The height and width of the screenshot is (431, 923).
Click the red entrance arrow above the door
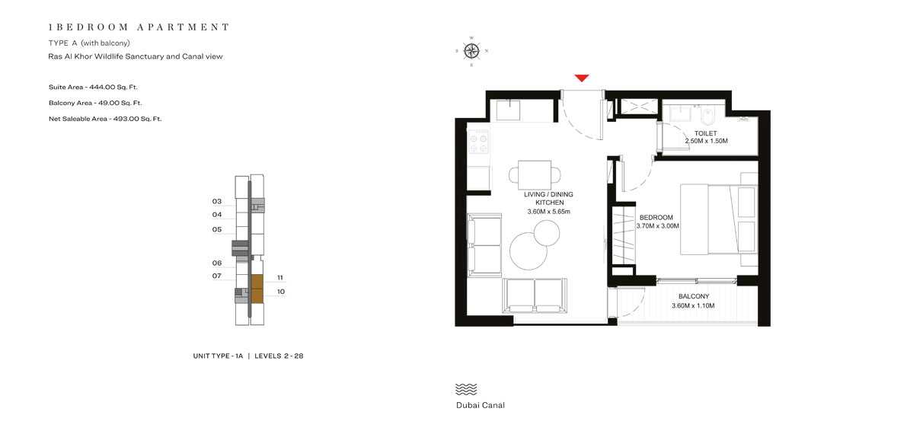click(x=582, y=78)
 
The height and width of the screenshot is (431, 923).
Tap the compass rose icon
click(x=471, y=51)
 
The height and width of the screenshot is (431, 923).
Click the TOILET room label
click(x=706, y=133)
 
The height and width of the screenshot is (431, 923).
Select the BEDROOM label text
click(x=656, y=218)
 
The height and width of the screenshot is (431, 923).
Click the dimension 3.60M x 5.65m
click(x=548, y=212)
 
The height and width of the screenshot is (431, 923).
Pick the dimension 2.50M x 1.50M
click(x=706, y=142)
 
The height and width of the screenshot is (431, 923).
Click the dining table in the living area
click(x=535, y=175)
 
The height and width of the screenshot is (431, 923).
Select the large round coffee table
click(x=528, y=251)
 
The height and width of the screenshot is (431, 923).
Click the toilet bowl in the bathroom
click(x=707, y=117)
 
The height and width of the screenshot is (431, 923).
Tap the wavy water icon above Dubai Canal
click(x=465, y=389)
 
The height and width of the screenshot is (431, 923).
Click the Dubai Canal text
click(x=480, y=405)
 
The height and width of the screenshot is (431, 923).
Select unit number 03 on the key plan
click(x=217, y=202)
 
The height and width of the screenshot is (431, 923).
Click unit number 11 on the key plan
click(x=280, y=278)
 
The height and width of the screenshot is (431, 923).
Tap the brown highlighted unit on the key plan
click(x=257, y=289)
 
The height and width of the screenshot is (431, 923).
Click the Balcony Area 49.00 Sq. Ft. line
click(x=95, y=103)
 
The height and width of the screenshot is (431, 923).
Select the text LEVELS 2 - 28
click(x=279, y=356)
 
